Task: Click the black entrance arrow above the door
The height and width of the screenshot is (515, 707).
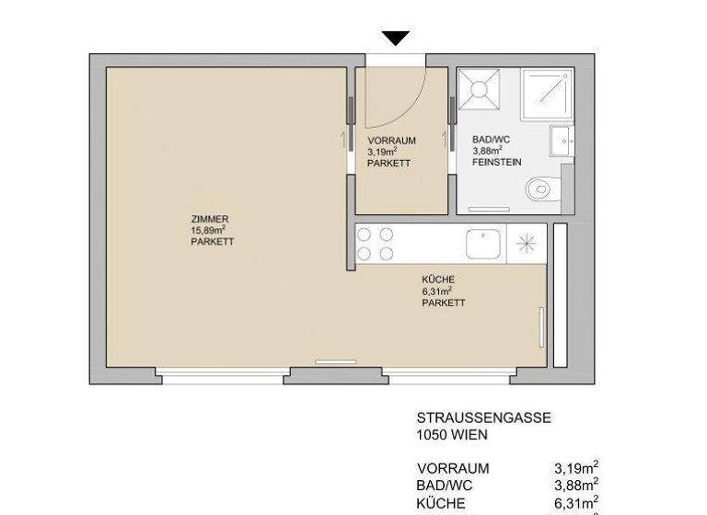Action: [x=396, y=38]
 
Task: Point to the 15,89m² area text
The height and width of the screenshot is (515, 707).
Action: [x=209, y=231]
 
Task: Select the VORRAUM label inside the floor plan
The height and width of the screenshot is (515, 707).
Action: [x=391, y=141]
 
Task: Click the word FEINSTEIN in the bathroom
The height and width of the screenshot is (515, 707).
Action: [x=497, y=161]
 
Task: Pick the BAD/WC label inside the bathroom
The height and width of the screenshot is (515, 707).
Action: [x=491, y=138]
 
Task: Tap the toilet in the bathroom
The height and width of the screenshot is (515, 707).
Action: [x=542, y=189]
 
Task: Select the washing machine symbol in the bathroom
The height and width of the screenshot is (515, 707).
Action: [x=480, y=89]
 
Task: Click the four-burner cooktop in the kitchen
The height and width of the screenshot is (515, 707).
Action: [x=376, y=245]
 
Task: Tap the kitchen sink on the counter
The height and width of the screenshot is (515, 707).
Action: [x=483, y=245]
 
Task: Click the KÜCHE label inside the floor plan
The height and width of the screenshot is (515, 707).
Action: [x=438, y=280]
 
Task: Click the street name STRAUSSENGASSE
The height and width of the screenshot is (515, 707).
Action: [x=483, y=418]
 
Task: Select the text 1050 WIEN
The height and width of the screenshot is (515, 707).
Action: [x=452, y=435]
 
